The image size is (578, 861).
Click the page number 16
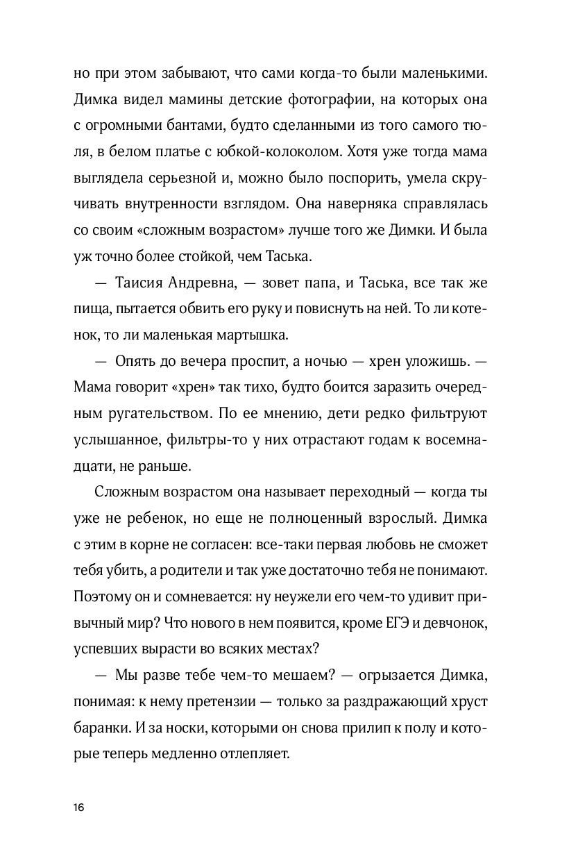(78, 808)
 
